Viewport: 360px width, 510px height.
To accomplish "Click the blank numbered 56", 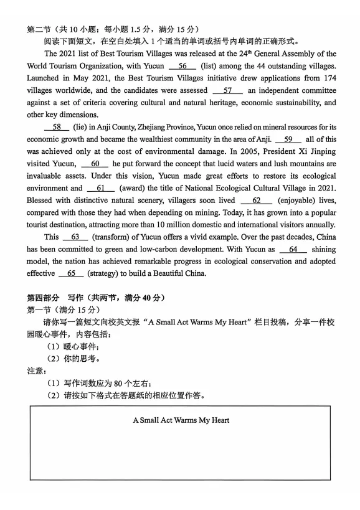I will point(182,66).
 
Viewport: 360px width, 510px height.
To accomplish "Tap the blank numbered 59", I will point(288,139).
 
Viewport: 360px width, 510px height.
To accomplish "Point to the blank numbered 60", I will point(95,164).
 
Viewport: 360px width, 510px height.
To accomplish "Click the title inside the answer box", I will point(181,420).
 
